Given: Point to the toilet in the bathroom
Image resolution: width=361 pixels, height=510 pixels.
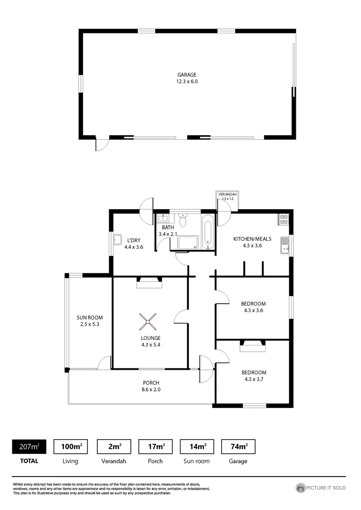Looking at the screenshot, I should (183, 221).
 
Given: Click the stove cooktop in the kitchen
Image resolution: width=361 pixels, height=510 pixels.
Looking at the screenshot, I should (284, 219).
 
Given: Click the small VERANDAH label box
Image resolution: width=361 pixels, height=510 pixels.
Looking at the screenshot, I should (227, 196).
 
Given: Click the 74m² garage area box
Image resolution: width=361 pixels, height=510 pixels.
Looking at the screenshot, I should (238, 446).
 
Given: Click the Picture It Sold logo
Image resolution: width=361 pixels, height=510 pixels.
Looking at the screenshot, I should (321, 488).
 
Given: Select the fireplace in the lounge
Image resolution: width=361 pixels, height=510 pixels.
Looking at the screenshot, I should (149, 282).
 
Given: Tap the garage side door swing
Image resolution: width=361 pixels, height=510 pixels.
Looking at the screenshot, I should (102, 144).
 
